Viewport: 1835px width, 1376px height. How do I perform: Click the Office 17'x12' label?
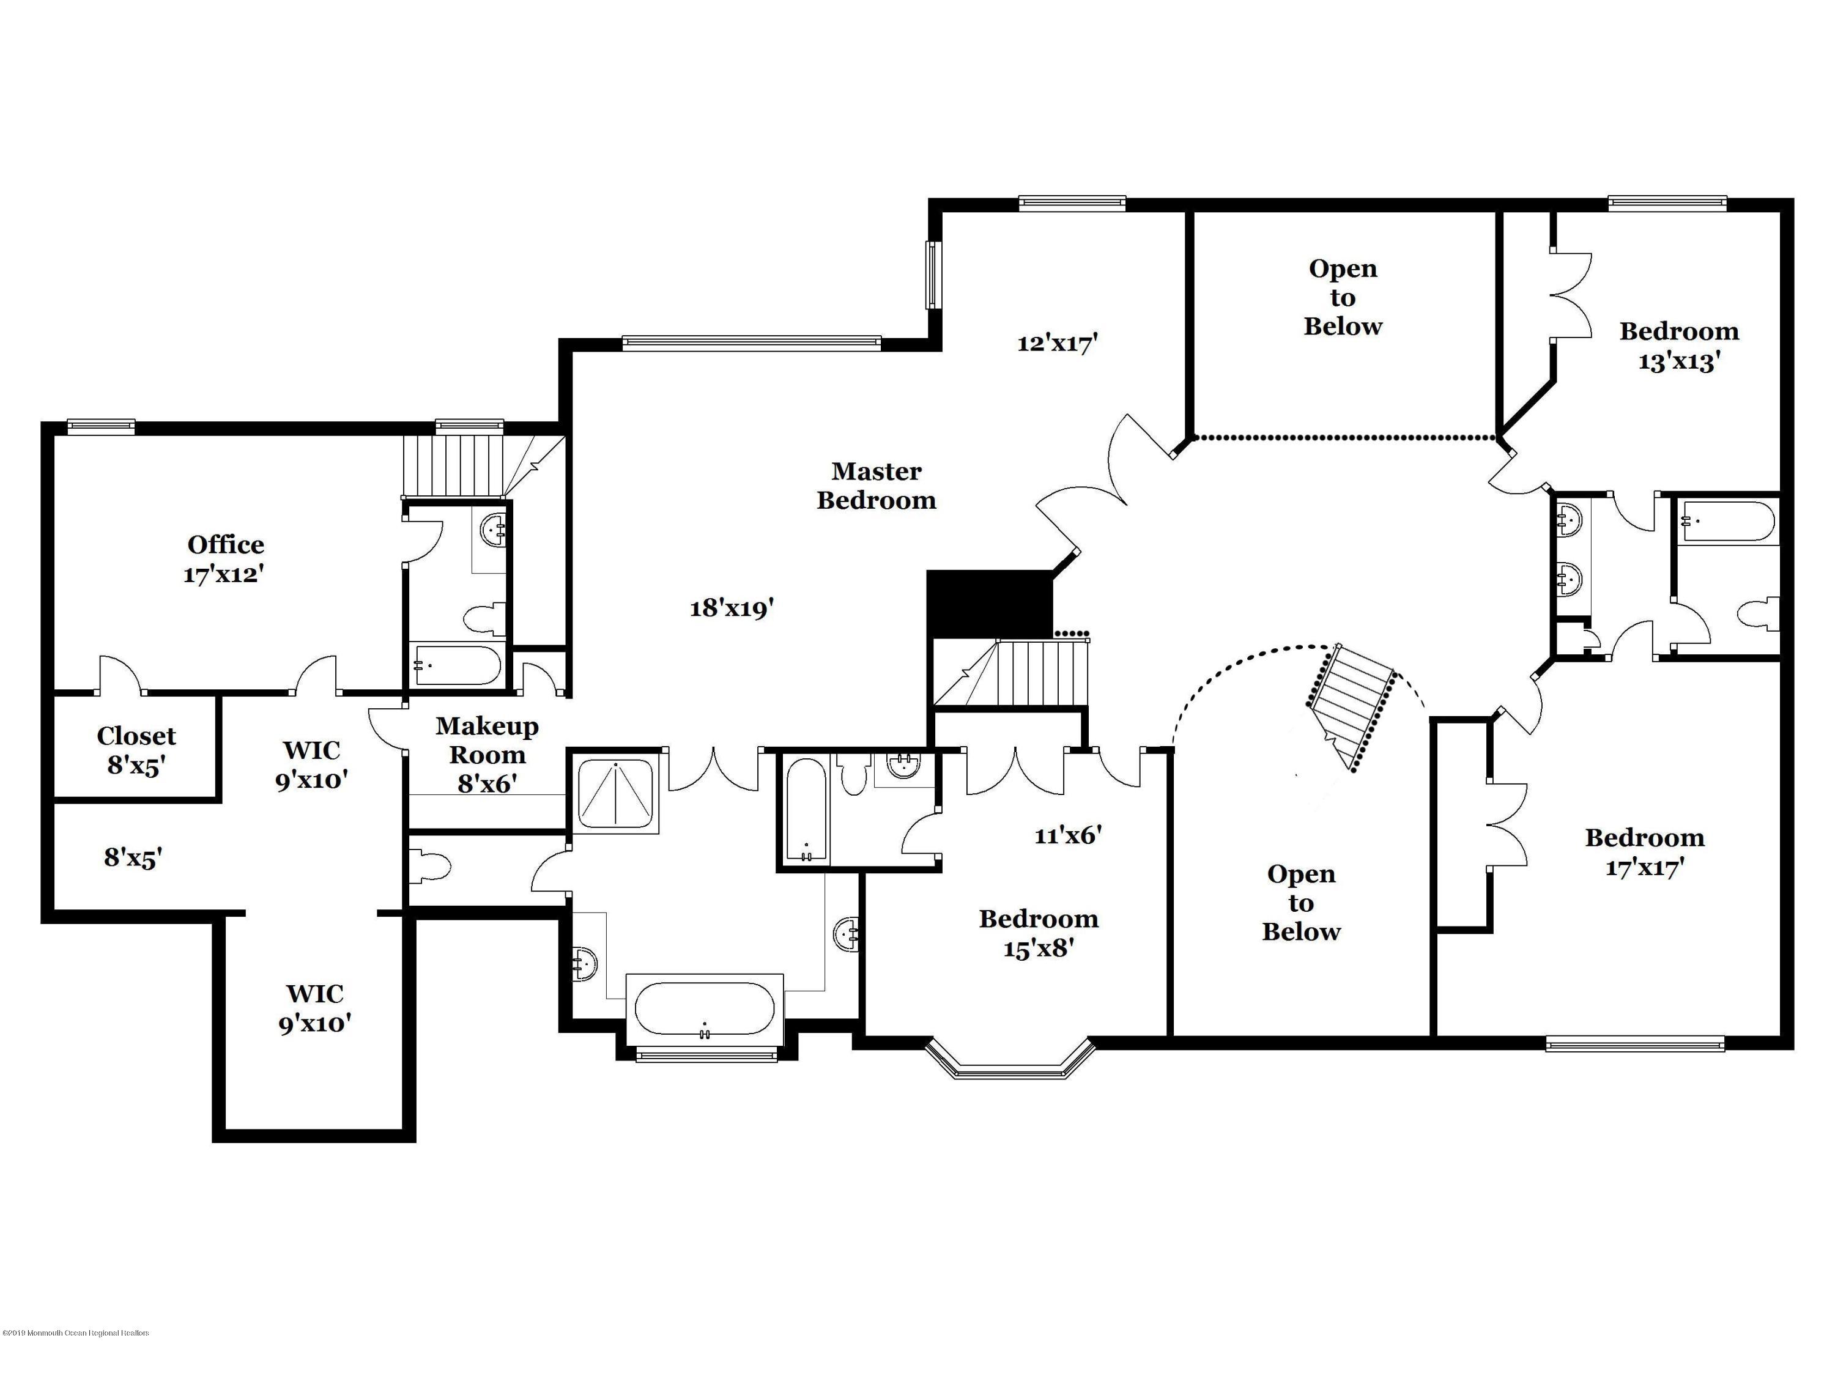(x=225, y=559)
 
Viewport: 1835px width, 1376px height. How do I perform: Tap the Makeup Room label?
(x=487, y=754)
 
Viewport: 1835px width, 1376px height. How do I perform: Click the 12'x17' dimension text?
(x=1058, y=342)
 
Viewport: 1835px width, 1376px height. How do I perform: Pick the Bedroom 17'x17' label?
(x=1644, y=852)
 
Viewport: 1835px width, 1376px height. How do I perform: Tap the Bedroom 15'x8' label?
(x=1039, y=933)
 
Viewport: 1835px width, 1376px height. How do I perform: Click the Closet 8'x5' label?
(x=136, y=750)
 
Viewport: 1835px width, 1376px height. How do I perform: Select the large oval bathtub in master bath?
(x=704, y=1008)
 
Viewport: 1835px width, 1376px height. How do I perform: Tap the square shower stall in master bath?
(x=615, y=794)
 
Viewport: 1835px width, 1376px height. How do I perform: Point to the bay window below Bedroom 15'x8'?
(x=1010, y=1060)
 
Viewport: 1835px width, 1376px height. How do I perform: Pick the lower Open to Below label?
(x=1301, y=903)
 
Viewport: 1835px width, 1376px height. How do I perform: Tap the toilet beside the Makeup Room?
(x=430, y=867)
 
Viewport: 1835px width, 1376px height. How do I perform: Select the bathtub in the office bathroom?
(x=456, y=666)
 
